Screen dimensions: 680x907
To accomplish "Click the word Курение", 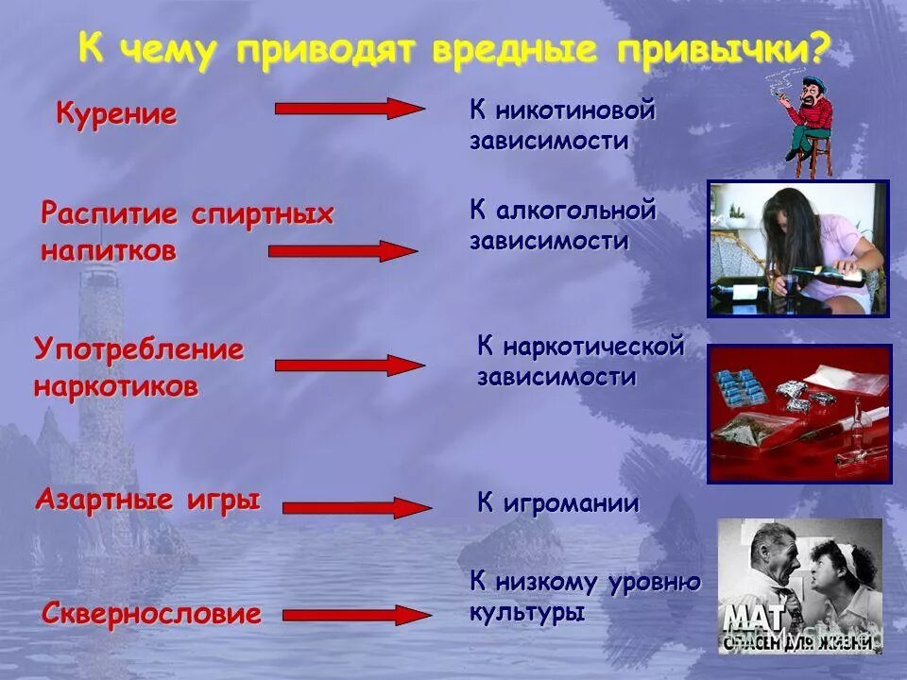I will tap(116, 115).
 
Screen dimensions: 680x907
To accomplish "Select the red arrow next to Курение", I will tap(350, 108).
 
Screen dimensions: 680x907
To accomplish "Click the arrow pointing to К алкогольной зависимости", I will tap(343, 251).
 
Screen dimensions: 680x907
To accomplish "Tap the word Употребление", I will tap(139, 349).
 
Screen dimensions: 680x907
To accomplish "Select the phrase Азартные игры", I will tap(147, 500).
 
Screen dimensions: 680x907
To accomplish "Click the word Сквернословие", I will tap(151, 615).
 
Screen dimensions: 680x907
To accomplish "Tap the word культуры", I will tap(527, 612).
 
